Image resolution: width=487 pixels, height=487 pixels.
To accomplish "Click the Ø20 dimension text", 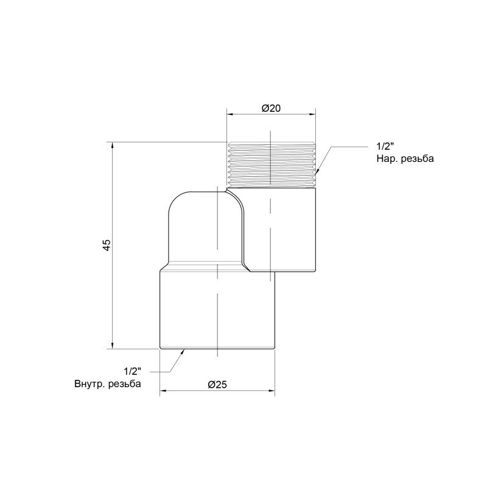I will tap(271, 108).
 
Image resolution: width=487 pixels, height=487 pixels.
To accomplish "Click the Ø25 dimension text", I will tap(217, 384).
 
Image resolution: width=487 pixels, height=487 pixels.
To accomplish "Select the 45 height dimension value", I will tap(106, 245).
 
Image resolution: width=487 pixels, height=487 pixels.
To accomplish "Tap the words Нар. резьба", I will tap(405, 159).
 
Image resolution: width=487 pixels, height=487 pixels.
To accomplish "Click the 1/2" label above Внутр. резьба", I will tap(132, 371).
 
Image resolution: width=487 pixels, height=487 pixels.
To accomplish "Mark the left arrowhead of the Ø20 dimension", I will tap(229, 113).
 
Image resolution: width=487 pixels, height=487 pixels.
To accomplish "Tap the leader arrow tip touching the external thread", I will tap(317, 175).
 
